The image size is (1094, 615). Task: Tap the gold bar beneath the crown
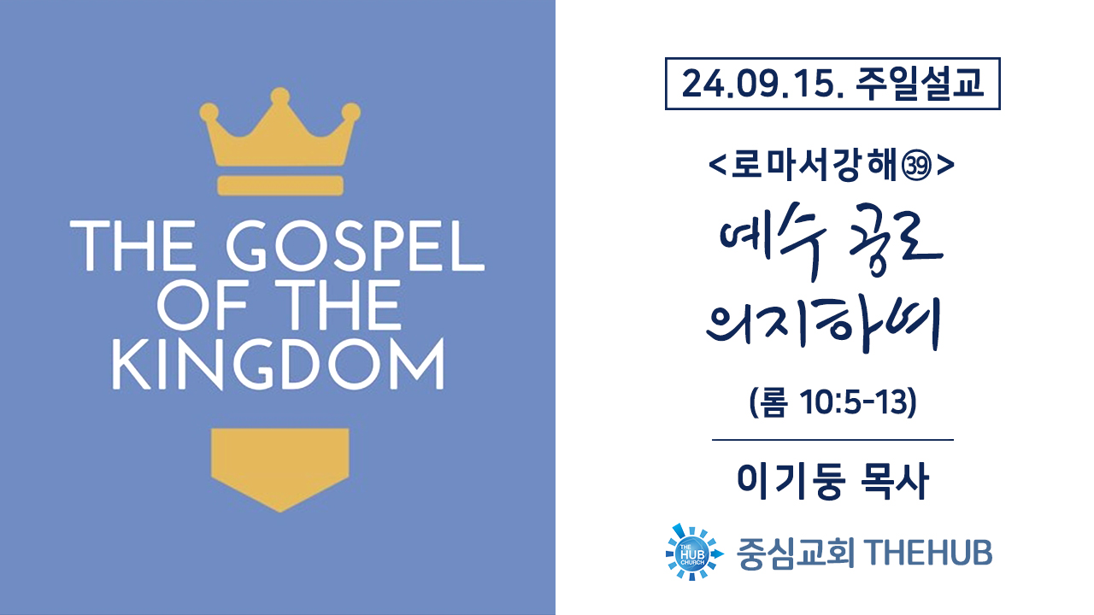coord(280,185)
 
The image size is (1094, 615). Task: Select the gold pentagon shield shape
coord(279,470)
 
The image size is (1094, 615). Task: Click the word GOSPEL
coord(356,245)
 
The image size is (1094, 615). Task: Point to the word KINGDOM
coord(279,364)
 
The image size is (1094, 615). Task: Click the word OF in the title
coord(202,305)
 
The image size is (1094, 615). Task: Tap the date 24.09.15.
coord(763,84)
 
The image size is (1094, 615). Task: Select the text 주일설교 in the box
coord(919,84)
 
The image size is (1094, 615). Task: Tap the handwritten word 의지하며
coord(824,325)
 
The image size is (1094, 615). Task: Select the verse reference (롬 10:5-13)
coord(832,402)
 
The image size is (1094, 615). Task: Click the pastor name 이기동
coord(791,482)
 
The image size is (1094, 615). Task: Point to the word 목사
coord(894,482)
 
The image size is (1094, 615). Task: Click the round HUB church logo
coord(693,553)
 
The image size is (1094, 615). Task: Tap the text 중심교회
coord(796,553)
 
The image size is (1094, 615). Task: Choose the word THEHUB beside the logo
coord(928,553)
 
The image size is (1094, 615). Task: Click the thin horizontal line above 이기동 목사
coord(832,440)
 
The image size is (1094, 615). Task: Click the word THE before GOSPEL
coord(132,245)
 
